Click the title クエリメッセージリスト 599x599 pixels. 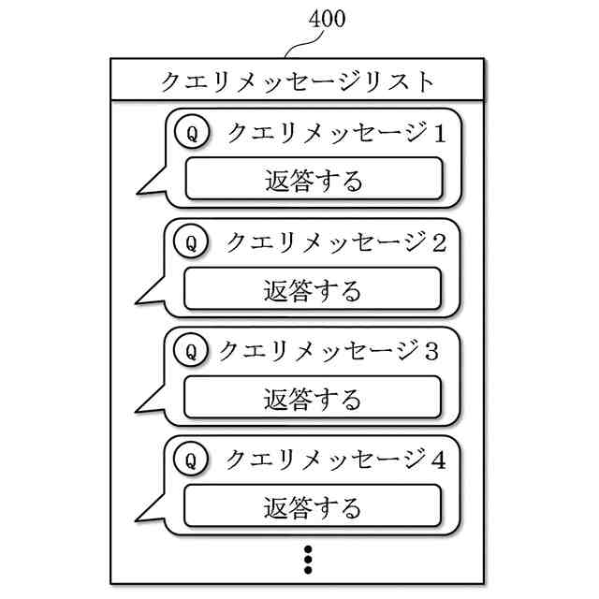[x=298, y=81]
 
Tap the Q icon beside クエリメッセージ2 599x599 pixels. [x=192, y=243]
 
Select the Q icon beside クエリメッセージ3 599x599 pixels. [x=192, y=352]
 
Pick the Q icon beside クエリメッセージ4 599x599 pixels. [x=192, y=460]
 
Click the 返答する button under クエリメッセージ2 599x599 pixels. [x=313, y=289]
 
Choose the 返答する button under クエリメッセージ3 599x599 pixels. [x=313, y=399]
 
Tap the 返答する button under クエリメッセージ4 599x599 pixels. [x=313, y=507]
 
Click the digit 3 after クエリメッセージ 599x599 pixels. [x=431, y=352]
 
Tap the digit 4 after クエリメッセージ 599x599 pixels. [x=440, y=460]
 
